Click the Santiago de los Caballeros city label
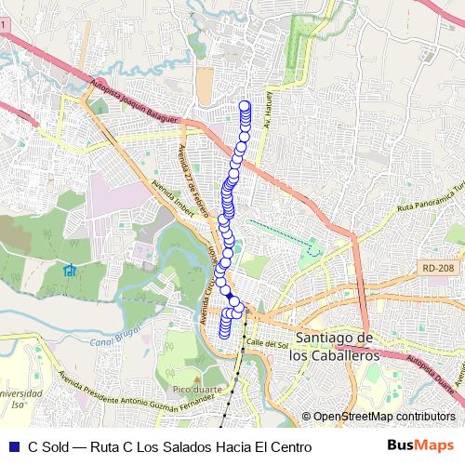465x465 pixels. (x=332, y=346)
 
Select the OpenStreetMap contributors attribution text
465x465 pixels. (x=383, y=417)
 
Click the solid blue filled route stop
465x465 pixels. (x=230, y=296)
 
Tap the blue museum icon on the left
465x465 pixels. (x=70, y=271)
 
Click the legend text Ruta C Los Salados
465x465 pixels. (x=167, y=447)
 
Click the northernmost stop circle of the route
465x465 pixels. (x=246, y=104)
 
